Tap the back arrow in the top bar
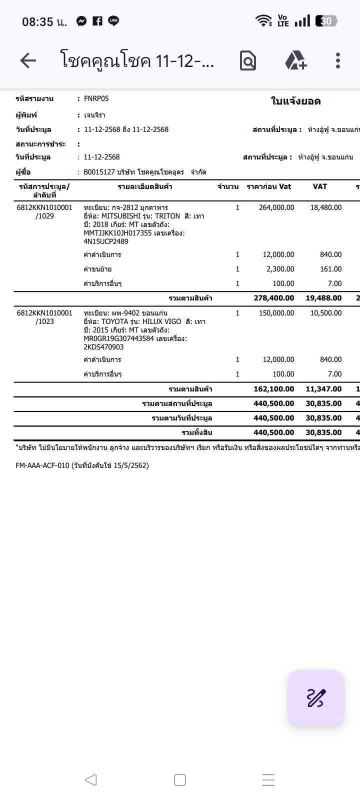coord(28,61)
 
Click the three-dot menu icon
coord(338,60)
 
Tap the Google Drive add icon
coord(295,60)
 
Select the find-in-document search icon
coord(248,61)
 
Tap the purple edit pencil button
coord(315,697)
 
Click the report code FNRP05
coord(96,98)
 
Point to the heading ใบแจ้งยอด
coord(295,101)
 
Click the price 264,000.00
coord(276,207)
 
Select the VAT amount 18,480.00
coord(325,207)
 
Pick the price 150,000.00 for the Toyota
coord(276,313)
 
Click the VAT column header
coord(319,186)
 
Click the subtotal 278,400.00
coord(273,298)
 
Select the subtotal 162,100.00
coord(273,389)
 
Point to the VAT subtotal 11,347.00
coord(323,389)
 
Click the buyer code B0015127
coord(99,172)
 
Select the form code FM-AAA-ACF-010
coord(42,465)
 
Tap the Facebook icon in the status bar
coord(97,21)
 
